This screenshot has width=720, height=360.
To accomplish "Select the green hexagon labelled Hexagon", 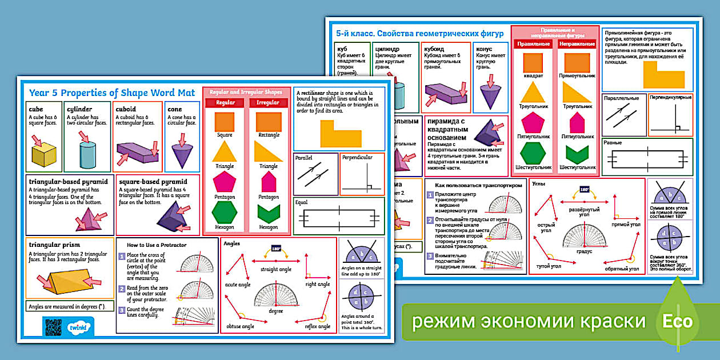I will (x=224, y=212).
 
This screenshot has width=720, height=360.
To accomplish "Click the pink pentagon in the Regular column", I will (x=224, y=182).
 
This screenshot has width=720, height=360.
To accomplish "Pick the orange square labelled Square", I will (x=224, y=122).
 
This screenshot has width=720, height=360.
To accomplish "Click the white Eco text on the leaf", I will (x=677, y=321).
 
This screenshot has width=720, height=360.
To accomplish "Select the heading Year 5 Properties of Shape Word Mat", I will (x=111, y=93).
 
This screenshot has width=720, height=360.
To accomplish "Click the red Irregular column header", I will (x=268, y=103).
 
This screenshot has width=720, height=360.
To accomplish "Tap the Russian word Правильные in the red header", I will (x=533, y=44).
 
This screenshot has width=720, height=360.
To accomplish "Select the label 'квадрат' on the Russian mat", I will (x=533, y=75).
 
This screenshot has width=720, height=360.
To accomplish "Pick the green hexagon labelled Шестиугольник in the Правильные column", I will (x=533, y=153).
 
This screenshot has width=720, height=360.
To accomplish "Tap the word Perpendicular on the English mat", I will (x=357, y=157).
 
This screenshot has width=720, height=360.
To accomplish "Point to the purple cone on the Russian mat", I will (x=490, y=93).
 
